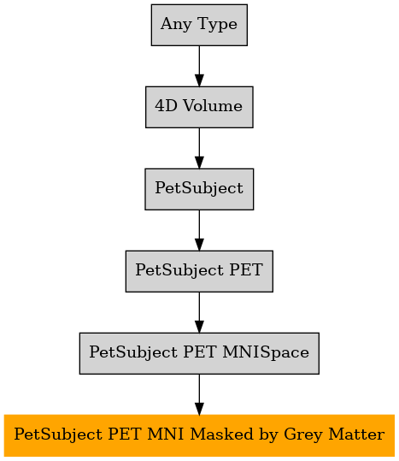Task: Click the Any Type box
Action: [x=199, y=25]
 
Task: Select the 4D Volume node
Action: [x=199, y=107]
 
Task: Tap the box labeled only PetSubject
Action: [x=199, y=189]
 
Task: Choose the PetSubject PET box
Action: [x=199, y=271]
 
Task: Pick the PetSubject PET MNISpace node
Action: [x=199, y=353]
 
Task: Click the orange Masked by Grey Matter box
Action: [x=199, y=435]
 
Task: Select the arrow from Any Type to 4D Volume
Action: [x=199, y=66]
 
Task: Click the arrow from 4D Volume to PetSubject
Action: [x=199, y=148]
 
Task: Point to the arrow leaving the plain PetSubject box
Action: [x=199, y=230]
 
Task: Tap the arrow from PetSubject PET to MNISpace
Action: [x=199, y=312]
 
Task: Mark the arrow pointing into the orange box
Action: [x=199, y=394]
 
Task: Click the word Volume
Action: [x=213, y=106]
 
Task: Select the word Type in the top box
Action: [x=217, y=25]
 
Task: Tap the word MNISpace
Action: [x=266, y=352]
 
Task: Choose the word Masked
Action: [x=221, y=434]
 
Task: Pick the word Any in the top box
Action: [x=176, y=25]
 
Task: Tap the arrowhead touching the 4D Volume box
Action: [x=199, y=80]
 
